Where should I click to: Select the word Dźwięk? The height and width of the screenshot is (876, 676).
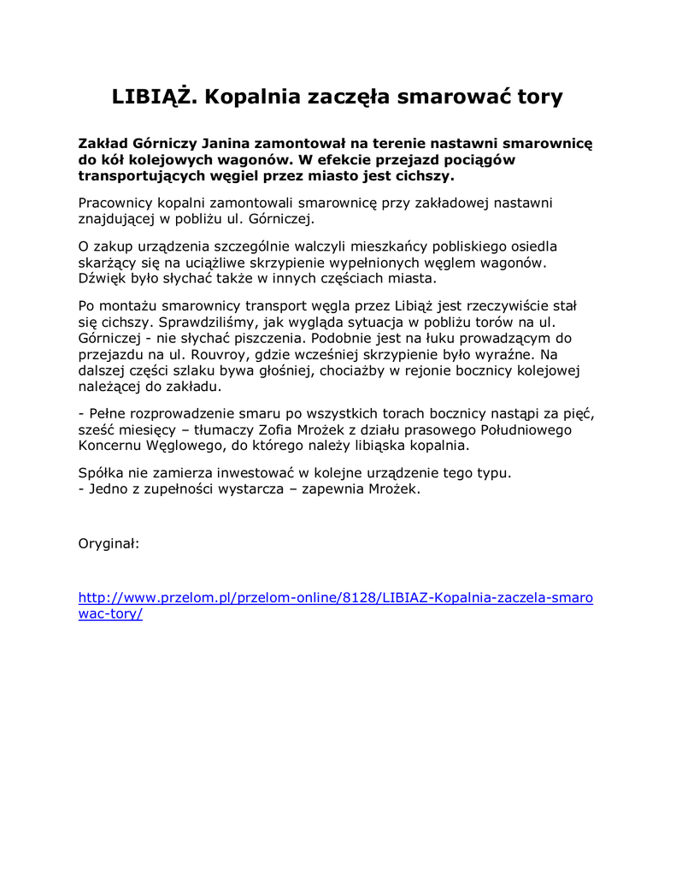coord(103,278)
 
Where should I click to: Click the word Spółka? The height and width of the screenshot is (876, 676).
coord(102,473)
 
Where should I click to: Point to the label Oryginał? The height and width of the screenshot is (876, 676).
coord(109,542)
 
